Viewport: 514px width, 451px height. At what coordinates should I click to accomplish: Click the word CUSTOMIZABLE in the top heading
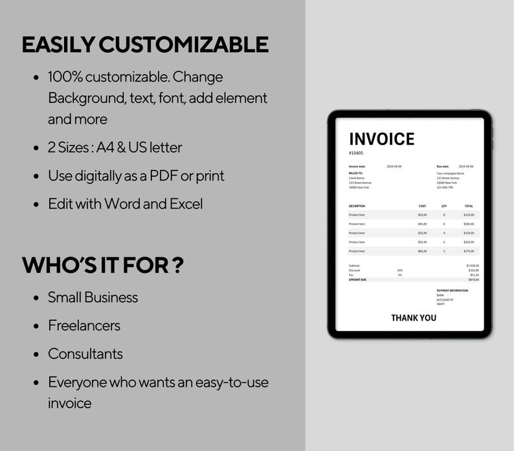point(183,45)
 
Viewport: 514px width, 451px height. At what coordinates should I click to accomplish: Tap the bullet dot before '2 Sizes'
point(36,148)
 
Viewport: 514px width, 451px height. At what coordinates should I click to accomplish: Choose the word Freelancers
point(84,325)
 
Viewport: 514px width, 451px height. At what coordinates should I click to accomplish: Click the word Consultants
point(85,354)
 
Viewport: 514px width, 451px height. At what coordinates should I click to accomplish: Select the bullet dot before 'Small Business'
point(36,298)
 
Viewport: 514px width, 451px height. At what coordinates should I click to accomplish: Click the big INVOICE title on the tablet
point(381,139)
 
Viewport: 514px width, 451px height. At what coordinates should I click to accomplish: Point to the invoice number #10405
point(356,153)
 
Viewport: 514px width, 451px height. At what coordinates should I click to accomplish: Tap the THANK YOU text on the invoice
point(414,318)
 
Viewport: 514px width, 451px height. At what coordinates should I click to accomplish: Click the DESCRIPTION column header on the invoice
point(357,206)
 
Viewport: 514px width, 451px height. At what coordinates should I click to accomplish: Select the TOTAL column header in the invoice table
point(469,206)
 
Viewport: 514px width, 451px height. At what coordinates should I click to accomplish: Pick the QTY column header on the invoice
point(444,206)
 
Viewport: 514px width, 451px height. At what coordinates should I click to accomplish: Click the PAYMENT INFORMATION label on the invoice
point(452,290)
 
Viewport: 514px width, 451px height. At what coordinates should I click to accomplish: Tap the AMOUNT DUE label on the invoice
point(357,279)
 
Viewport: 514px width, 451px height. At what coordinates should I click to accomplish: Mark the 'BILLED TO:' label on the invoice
point(355,174)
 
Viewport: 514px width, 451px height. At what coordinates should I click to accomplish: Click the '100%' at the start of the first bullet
point(65,77)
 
